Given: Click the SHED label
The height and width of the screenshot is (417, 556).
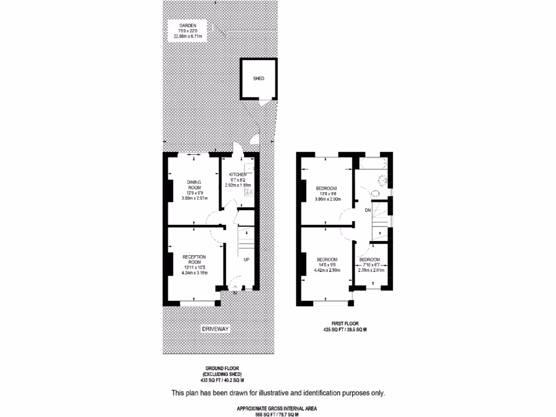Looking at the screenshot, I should click(258, 79).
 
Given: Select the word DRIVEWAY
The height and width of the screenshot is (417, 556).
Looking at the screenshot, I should click(216, 330).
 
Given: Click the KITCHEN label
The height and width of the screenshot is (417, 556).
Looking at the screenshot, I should click(237, 174).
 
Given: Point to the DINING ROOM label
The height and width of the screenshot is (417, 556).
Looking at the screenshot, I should click(194, 185).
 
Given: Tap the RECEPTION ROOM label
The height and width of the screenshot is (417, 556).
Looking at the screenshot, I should click(194, 260).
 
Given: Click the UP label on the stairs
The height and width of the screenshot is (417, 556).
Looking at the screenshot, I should click(247, 260).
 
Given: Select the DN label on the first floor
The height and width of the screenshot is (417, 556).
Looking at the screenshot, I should click(368, 209).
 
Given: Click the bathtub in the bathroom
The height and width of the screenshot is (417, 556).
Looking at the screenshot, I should click(373, 163).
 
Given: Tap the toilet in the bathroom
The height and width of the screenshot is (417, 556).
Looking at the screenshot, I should click(376, 193).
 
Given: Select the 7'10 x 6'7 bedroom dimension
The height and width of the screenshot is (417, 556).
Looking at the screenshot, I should click(371, 265).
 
